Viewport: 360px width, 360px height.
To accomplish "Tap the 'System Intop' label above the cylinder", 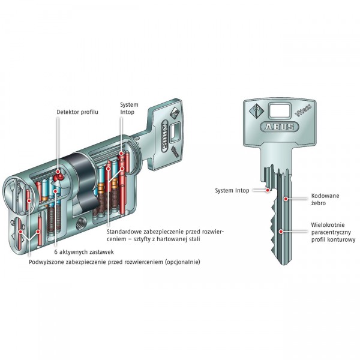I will pos(130,108).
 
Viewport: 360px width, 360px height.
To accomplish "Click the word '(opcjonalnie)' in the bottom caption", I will pos(181,262).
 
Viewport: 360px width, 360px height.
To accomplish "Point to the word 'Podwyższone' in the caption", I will pos(48,262).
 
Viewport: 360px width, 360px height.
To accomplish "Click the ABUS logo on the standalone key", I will pos(277,127).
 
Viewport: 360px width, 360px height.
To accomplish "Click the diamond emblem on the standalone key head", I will pos(254,111).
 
